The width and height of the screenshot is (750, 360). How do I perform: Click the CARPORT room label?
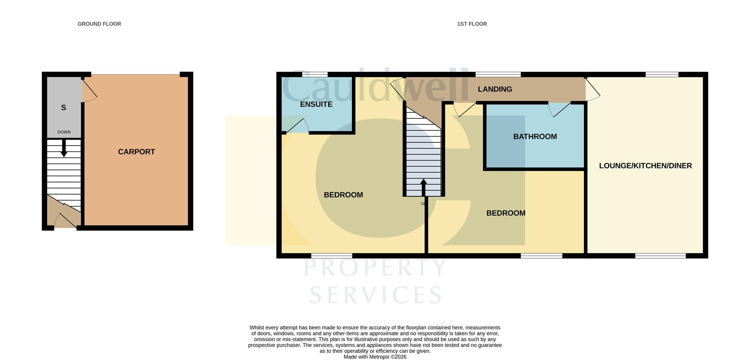click(136, 152)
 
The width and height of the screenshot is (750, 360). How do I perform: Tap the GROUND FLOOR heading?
click(99, 24)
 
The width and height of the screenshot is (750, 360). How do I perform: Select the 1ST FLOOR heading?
click(472, 24)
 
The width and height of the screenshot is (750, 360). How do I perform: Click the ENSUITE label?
click(316, 104)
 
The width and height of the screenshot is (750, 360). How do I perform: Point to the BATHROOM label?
click(535, 136)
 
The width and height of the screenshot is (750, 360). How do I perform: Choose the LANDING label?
click(495, 89)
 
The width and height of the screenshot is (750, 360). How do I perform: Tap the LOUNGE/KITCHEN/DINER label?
click(645, 166)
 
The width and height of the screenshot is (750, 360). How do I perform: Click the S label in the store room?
click(64, 107)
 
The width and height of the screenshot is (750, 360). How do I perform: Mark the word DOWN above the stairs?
click(64, 132)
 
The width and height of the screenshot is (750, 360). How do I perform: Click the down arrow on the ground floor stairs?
click(64, 147)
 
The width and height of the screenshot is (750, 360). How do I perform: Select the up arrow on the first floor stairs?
click(423, 188)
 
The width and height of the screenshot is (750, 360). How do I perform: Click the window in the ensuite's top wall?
click(315, 74)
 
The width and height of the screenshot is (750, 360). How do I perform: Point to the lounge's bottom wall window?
click(661, 256)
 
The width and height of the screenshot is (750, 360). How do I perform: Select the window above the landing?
click(498, 74)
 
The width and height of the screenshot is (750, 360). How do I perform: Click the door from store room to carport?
click(89, 90)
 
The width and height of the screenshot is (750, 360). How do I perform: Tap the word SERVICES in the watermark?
click(376, 295)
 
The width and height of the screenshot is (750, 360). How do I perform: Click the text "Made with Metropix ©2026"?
click(375, 357)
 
